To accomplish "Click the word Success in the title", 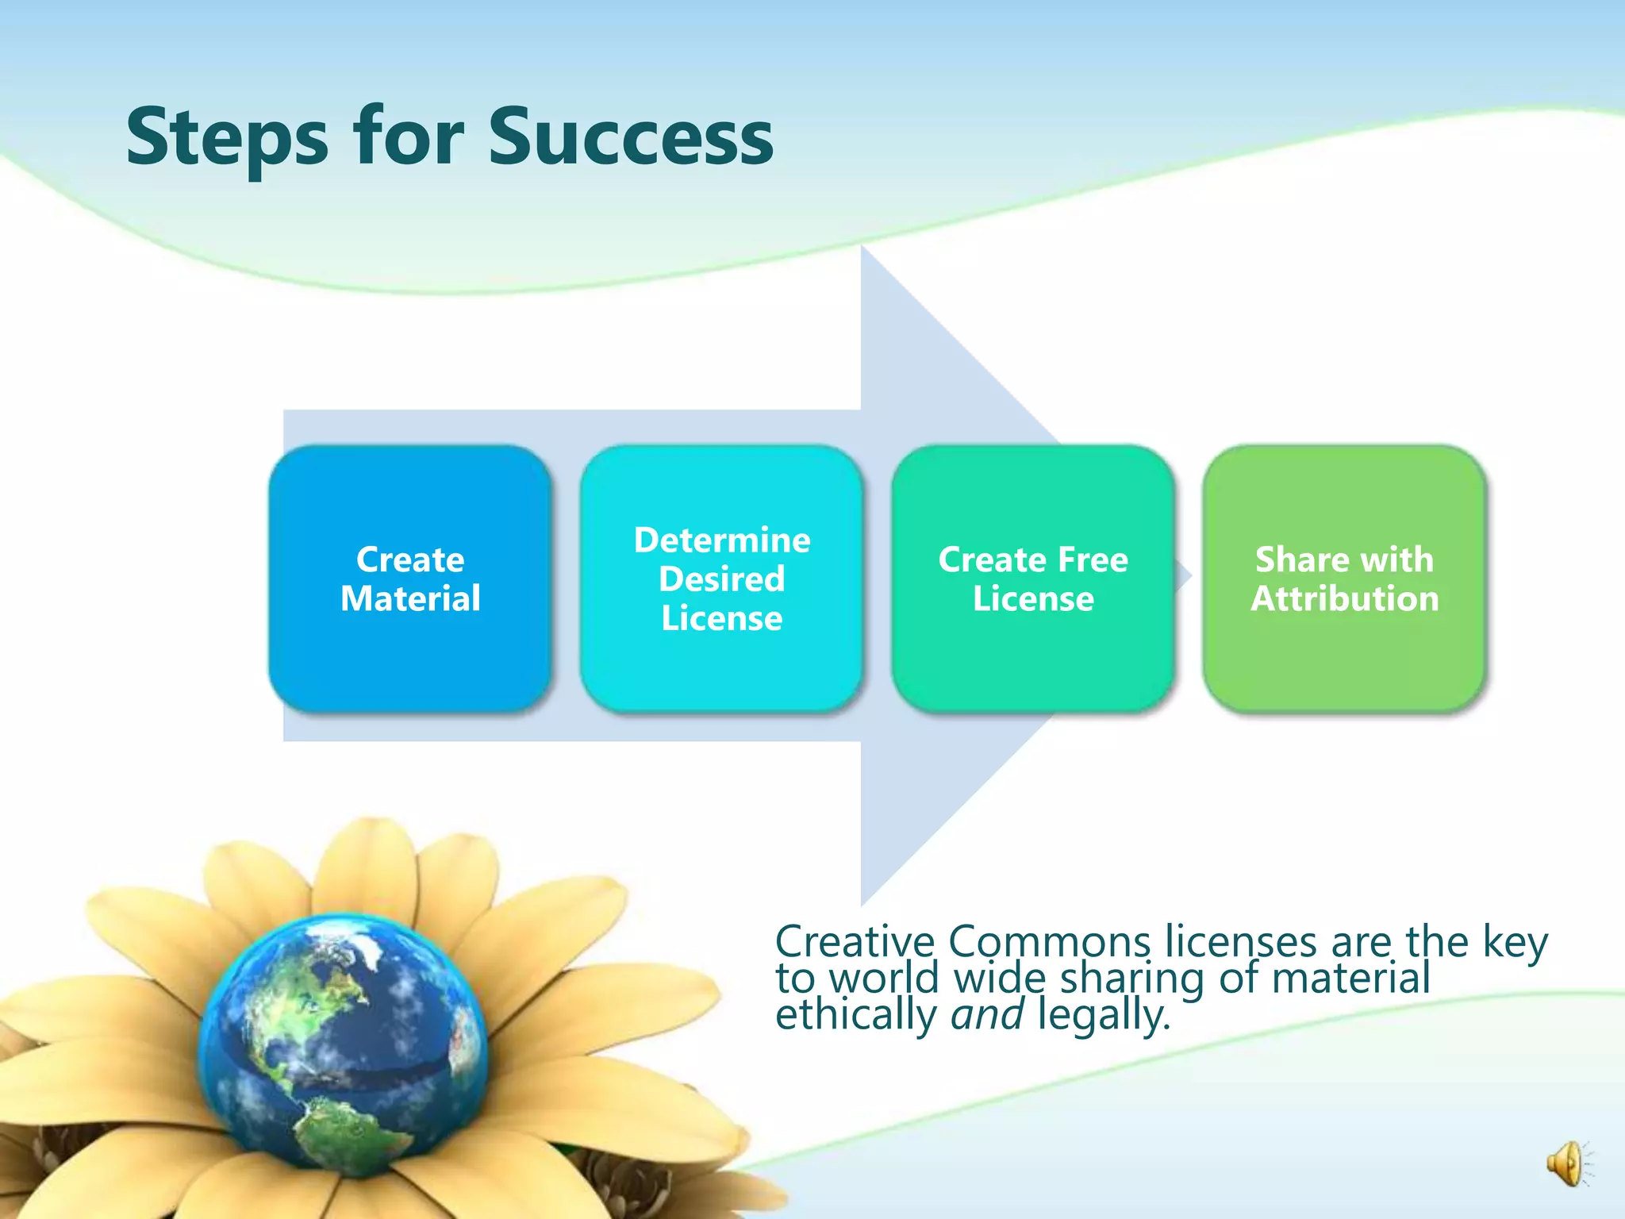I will (x=630, y=138).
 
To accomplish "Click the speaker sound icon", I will (x=1567, y=1164).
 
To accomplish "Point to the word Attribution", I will (x=1344, y=598).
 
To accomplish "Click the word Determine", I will (x=722, y=540).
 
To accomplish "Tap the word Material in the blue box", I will (x=410, y=598).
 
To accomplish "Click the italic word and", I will (x=986, y=1014).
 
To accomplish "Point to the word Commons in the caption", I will (x=1049, y=942).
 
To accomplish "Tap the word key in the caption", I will (x=1515, y=944).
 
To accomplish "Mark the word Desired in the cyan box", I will (x=721, y=579).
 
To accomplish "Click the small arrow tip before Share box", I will (x=1185, y=575).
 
